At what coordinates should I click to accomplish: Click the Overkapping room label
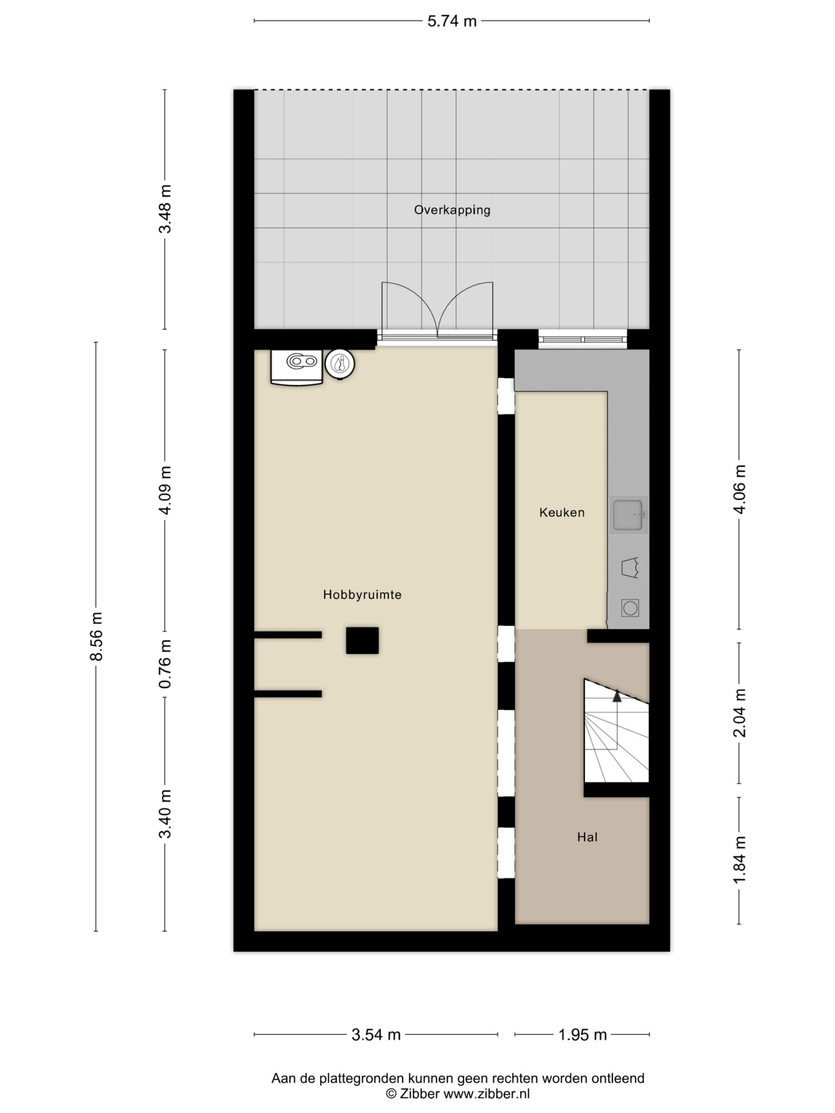(452, 210)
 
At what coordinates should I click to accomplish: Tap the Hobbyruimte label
(362, 595)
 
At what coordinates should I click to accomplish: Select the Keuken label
(562, 513)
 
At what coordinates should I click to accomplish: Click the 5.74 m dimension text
(452, 21)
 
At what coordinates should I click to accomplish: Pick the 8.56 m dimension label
(96, 636)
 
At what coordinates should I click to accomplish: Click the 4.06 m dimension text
(739, 489)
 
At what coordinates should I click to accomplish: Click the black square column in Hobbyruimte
(362, 640)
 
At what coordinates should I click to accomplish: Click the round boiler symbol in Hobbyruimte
(340, 364)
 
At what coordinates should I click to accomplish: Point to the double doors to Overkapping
(437, 311)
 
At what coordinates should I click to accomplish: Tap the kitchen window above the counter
(583, 339)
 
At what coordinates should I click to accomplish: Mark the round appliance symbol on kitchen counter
(630, 608)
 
